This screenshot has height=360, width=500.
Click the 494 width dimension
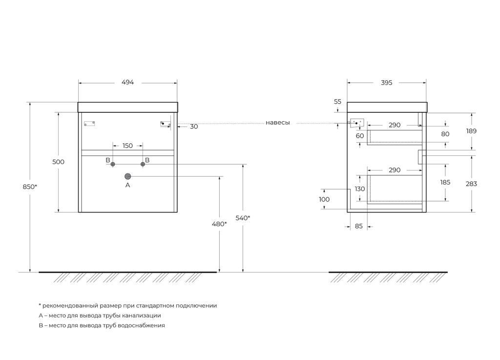pos(127,83)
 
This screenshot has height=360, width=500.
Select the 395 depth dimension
pos(386,83)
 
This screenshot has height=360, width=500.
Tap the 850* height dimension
pos(30,186)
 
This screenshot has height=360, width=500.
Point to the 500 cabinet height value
pos(59,162)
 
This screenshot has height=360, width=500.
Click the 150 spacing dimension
pos(127,146)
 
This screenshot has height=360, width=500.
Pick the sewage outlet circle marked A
pos(128,176)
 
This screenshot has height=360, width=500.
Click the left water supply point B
pos(113,164)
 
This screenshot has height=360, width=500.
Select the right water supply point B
pos(143,164)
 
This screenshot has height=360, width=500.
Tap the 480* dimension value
pos(219,224)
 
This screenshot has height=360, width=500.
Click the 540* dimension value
pos(243,218)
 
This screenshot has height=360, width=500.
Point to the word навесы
pos(278,123)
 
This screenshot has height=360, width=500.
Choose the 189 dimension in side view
pos(471,131)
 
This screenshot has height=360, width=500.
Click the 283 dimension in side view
pos(471,184)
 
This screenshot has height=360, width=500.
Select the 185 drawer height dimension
pos(445,182)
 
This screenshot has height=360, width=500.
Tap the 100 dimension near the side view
pos(324,199)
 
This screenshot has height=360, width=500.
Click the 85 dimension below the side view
pos(358,226)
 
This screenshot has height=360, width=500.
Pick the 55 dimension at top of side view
pos(337,102)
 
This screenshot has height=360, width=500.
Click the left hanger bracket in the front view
pos(89,124)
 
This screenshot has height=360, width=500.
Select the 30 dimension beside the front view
pos(194,127)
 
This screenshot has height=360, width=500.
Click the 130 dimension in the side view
pos(360,189)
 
